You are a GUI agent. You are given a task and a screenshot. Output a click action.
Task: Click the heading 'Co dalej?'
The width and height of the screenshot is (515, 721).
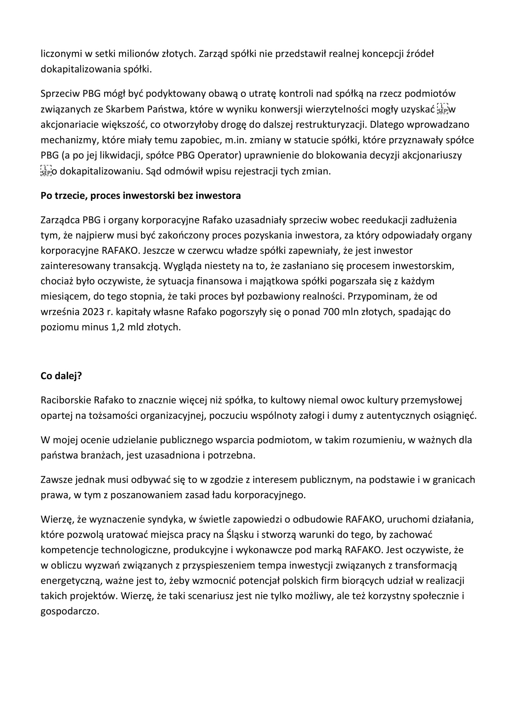pyautogui.click(x=61, y=376)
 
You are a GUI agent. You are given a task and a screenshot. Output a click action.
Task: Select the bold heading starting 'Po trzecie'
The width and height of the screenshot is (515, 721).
pyautogui.click(x=141, y=195)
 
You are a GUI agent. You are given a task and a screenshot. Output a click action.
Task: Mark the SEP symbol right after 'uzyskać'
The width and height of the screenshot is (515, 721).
pyautogui.click(x=442, y=109)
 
